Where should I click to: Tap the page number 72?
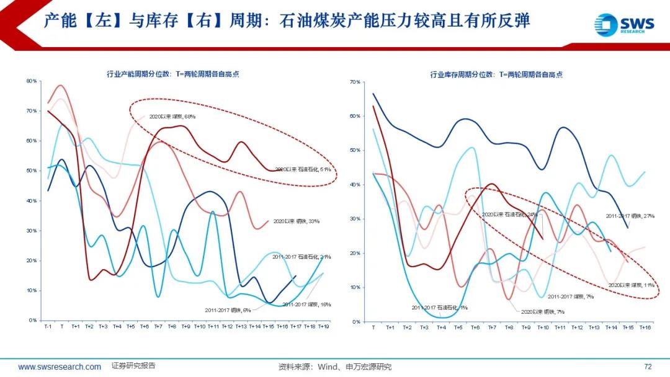pyautogui.click(x=648, y=366)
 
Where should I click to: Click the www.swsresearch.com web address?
pyautogui.click(x=60, y=366)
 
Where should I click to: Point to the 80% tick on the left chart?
pyautogui.click(x=32, y=81)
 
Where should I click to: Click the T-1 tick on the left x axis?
pyautogui.click(x=48, y=326)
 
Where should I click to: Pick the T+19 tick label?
pyautogui.click(x=323, y=326)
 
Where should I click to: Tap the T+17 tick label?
pyautogui.click(x=296, y=326)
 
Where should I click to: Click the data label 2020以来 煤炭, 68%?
pyautogui.click(x=172, y=116)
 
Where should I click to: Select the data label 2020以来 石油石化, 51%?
pyautogui.click(x=302, y=168)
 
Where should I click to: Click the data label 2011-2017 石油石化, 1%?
pyautogui.click(x=439, y=307)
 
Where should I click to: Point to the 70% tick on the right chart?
pyautogui.click(x=355, y=82)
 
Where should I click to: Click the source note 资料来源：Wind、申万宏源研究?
pyautogui.click(x=335, y=366)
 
